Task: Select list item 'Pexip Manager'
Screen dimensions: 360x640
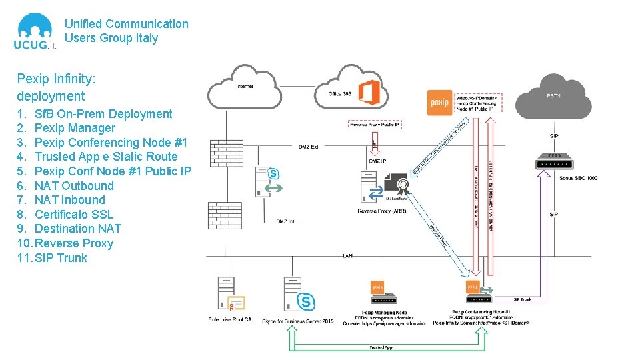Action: (75, 128)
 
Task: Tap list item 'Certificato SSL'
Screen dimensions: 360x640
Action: (74, 214)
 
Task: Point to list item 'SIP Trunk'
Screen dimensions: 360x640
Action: (61, 258)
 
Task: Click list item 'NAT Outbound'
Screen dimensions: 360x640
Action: (74, 185)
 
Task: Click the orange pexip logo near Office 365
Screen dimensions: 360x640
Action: (439, 103)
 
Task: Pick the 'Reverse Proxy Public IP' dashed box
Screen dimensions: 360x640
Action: (375, 125)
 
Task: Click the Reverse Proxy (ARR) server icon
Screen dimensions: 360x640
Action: (371, 186)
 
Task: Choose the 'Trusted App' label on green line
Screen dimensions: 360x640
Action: (381, 347)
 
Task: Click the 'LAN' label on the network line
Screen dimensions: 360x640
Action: (347, 255)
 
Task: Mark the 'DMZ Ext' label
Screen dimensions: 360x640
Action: (308, 147)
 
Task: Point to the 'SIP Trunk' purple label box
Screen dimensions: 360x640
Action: (522, 299)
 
